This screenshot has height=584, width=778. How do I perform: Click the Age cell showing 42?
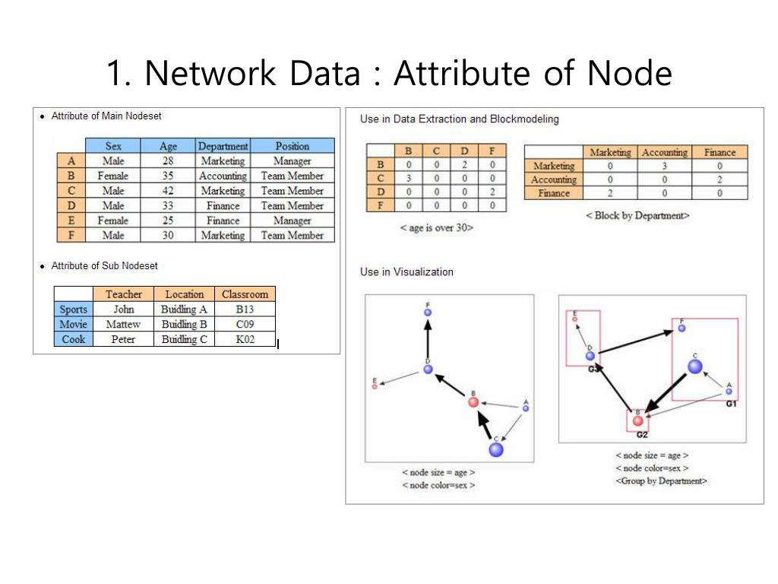pyautogui.click(x=167, y=191)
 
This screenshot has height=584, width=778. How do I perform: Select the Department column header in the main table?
pyautogui.click(x=223, y=146)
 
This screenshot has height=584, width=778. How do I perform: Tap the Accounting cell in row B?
pyautogui.click(x=223, y=176)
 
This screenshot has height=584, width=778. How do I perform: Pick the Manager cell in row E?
pyautogui.click(x=293, y=221)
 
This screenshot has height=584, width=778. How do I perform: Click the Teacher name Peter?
pyautogui.click(x=123, y=339)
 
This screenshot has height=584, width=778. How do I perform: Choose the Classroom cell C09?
pyautogui.click(x=245, y=324)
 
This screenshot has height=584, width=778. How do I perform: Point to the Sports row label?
pyautogui.click(x=73, y=309)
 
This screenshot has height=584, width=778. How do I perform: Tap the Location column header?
pyautogui.click(x=184, y=294)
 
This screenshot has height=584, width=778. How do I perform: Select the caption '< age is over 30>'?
pyautogui.click(x=436, y=227)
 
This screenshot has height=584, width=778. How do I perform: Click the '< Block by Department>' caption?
pyautogui.click(x=637, y=215)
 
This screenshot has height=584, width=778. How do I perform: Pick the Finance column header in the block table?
pyautogui.click(x=719, y=152)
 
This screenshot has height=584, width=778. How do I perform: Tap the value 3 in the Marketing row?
pyautogui.click(x=664, y=166)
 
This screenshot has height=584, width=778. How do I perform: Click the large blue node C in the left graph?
pyautogui.click(x=496, y=449)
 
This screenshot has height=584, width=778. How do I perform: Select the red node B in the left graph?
pyautogui.click(x=473, y=401)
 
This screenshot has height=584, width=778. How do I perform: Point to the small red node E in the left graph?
pyautogui.click(x=375, y=386)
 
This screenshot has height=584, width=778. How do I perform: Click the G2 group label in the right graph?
pyautogui.click(x=641, y=434)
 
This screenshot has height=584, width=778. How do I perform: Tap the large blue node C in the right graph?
pyautogui.click(x=694, y=367)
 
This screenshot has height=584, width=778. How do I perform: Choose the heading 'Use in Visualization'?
pyautogui.click(x=406, y=271)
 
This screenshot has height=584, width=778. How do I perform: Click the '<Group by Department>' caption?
pyautogui.click(x=661, y=481)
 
